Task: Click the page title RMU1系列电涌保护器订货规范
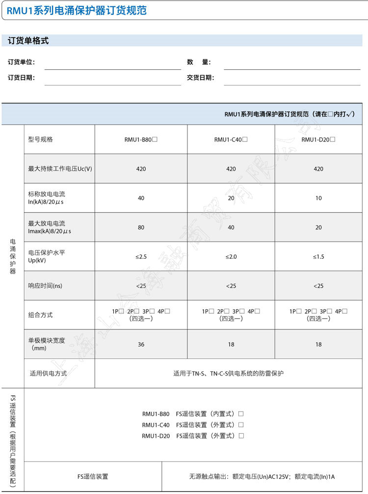[x=77, y=10]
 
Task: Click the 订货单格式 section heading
[x=28, y=41]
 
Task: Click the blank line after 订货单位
[x=112, y=63]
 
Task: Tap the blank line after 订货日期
[x=112, y=78]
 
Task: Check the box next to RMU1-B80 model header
[x=155, y=139]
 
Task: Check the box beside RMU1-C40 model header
[x=245, y=139]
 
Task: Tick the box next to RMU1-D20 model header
[x=333, y=139]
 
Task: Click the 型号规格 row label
[x=41, y=139]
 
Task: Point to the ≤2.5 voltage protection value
[x=141, y=257]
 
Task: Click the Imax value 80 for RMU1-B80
[x=141, y=227]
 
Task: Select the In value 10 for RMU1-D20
[x=318, y=198]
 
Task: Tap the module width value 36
[x=141, y=345]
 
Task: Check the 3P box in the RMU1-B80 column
[x=152, y=311]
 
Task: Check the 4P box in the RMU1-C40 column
[x=258, y=311]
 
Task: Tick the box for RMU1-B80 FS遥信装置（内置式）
[x=241, y=414]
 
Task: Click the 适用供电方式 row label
[x=48, y=374]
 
